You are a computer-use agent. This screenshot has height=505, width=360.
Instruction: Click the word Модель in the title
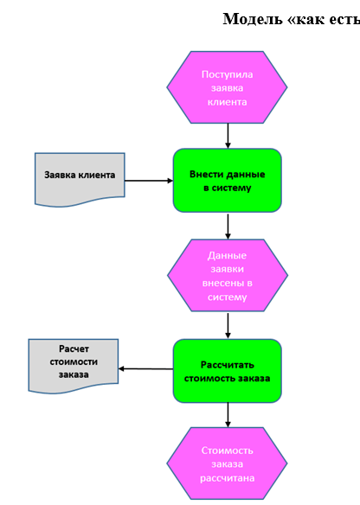(x=251, y=19)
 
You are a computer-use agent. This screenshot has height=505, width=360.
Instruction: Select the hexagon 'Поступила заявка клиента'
(x=227, y=87)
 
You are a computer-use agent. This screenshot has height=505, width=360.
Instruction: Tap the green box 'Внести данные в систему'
(x=228, y=181)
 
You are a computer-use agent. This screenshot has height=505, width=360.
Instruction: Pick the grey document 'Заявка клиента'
(x=80, y=179)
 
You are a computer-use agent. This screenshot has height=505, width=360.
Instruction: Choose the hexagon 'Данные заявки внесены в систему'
(x=228, y=275)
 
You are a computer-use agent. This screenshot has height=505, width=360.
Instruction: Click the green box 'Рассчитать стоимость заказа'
(x=228, y=371)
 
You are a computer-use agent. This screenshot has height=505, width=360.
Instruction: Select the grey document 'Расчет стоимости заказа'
(x=74, y=366)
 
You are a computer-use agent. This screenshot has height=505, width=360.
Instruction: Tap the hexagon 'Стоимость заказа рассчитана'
(x=227, y=463)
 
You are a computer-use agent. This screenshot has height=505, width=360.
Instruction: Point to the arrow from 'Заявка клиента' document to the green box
(x=149, y=181)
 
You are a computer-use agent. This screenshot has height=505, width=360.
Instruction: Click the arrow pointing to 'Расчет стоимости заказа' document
(x=145, y=368)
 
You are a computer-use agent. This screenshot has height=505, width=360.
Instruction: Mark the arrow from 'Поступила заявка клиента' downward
(x=228, y=136)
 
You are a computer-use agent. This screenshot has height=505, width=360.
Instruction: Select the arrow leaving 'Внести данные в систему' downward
(x=228, y=227)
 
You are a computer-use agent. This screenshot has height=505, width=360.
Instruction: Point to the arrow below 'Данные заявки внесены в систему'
(x=228, y=326)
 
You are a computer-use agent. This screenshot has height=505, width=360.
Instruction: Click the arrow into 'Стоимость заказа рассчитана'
(x=228, y=415)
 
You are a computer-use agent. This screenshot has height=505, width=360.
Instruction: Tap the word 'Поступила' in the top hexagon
(x=228, y=74)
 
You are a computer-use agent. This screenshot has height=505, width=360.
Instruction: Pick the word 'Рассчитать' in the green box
(x=228, y=365)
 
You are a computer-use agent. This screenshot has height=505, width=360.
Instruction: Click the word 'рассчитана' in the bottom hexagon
(x=228, y=478)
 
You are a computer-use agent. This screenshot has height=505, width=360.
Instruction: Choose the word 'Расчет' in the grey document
(x=74, y=348)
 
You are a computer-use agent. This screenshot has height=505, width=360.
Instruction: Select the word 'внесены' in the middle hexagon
(x=223, y=283)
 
